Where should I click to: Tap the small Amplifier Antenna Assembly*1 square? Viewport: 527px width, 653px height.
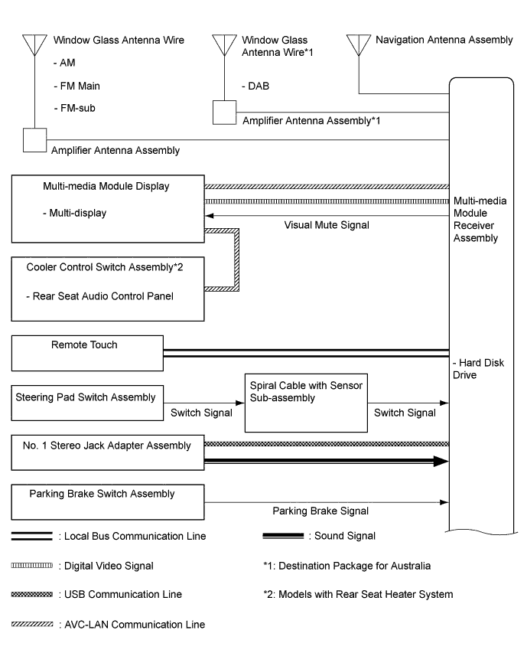click(224, 113)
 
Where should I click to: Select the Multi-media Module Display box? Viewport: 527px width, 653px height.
click(108, 206)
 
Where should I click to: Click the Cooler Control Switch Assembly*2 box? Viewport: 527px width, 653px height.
click(108, 289)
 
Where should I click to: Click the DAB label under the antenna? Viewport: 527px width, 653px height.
click(257, 85)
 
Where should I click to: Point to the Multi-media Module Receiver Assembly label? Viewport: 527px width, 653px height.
click(476, 218)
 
